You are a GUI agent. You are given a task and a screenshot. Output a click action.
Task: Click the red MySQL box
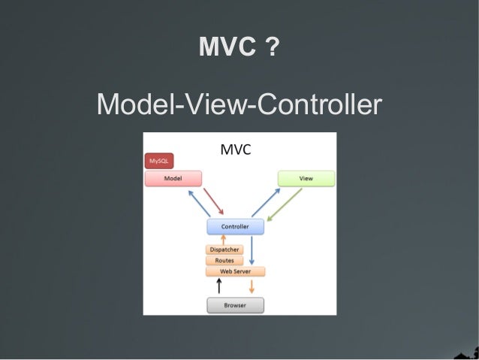158,161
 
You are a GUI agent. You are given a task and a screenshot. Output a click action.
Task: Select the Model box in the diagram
173,179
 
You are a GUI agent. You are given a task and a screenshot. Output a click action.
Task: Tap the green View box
306,179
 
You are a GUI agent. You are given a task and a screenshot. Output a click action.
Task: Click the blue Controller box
235,226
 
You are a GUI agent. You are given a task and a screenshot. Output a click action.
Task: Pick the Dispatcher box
224,250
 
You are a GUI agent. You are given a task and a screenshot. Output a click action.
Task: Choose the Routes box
224,260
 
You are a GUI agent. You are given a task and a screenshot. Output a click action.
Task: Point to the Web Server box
235,271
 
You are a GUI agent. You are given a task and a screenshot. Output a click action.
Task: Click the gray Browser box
235,306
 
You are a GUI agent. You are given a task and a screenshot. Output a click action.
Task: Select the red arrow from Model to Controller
213,201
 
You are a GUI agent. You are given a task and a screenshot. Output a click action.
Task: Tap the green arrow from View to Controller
285,204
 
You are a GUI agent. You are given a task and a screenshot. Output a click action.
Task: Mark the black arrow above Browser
219,285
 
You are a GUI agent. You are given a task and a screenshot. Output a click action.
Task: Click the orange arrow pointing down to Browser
252,286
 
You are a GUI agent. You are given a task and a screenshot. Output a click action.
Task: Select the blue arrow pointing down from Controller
252,250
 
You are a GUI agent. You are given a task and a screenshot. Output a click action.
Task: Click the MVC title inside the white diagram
235,150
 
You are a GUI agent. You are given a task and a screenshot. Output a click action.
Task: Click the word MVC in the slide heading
228,48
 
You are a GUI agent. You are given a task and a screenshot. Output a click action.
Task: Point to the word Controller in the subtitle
316,104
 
